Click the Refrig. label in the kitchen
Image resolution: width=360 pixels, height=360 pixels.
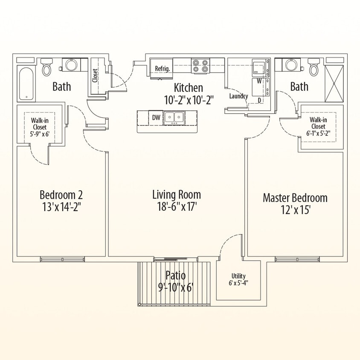[163, 68]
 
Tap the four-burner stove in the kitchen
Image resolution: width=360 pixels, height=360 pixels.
[200, 66]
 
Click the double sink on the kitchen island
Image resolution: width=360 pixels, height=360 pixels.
[174, 117]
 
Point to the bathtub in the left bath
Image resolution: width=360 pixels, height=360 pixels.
[26, 83]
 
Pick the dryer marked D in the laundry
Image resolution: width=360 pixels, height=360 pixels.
[259, 100]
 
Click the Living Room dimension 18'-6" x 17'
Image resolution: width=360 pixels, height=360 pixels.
[177, 207]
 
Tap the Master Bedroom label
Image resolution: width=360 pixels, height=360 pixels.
[295, 198]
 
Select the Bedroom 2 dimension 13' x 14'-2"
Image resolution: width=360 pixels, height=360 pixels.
[61, 207]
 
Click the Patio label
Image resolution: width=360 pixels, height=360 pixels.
[175, 275]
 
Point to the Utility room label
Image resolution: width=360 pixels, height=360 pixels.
[238, 276]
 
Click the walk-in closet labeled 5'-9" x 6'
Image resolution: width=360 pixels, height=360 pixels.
[39, 127]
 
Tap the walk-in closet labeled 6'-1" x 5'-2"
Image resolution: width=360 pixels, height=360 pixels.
[318, 127]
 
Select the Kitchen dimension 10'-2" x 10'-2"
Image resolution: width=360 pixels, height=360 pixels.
[188, 99]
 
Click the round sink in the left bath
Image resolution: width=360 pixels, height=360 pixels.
[70, 65]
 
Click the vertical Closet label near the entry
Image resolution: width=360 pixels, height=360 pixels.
[95, 76]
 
